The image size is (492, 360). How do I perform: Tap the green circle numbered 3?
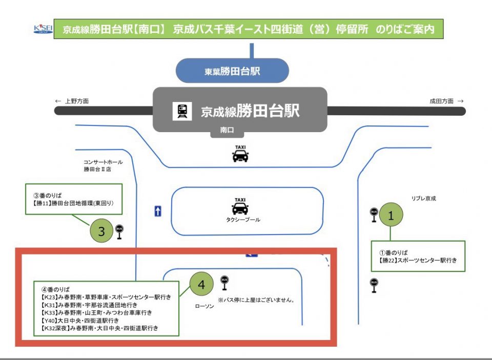[101, 231]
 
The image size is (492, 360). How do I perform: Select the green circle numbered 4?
[202, 285]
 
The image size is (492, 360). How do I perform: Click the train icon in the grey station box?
[182, 111]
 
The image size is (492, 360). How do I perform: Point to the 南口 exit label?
[227, 131]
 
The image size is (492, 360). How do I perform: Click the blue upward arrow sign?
[158, 211]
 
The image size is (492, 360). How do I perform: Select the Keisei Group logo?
[43, 29]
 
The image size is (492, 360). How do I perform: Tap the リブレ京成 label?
[423, 198]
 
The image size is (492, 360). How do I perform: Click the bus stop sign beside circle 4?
[224, 283]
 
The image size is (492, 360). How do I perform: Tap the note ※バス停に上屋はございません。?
[256, 300]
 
